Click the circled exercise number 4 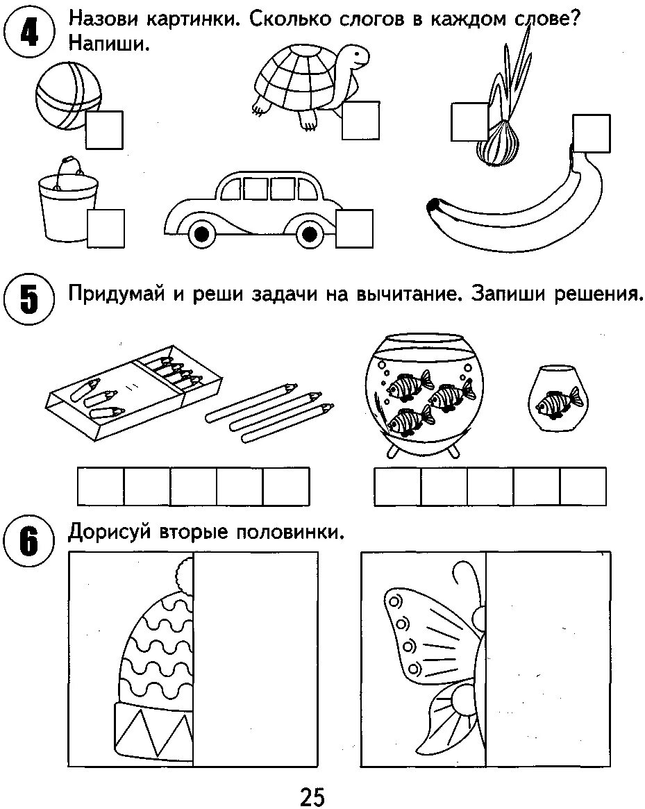28,33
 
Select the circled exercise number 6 28,542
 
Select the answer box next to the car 354,228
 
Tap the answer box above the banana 592,133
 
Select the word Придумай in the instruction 116,295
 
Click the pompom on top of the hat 185,572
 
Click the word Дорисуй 111,533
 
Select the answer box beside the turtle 361,119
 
